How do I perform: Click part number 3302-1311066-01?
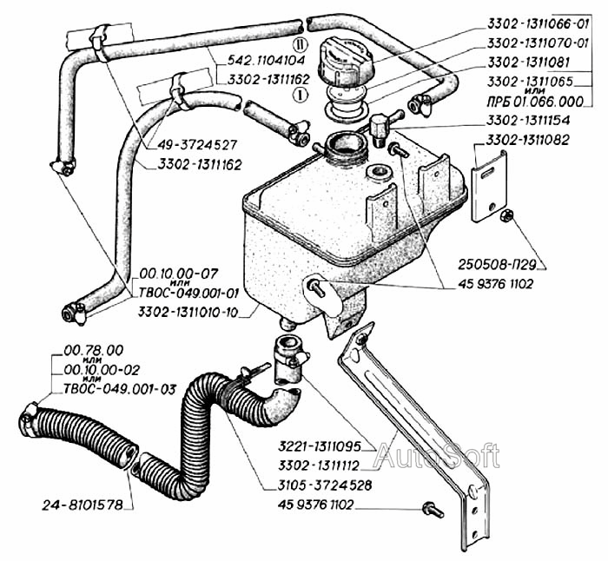(538, 24)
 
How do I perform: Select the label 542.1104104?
(267, 60)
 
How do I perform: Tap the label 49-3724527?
(197, 145)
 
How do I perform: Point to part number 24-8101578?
(83, 505)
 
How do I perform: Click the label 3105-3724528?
(325, 485)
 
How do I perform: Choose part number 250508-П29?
(497, 265)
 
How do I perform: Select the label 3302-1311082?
(528, 140)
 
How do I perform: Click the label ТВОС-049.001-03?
(120, 388)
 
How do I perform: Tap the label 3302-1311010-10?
(188, 312)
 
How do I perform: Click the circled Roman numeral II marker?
(300, 45)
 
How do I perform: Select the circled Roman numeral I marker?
(301, 94)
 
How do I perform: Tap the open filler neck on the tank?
(345, 146)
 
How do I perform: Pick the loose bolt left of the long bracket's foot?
(433, 509)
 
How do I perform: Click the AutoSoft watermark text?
(437, 455)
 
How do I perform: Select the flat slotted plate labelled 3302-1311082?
(489, 186)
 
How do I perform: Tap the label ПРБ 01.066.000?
(535, 102)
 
